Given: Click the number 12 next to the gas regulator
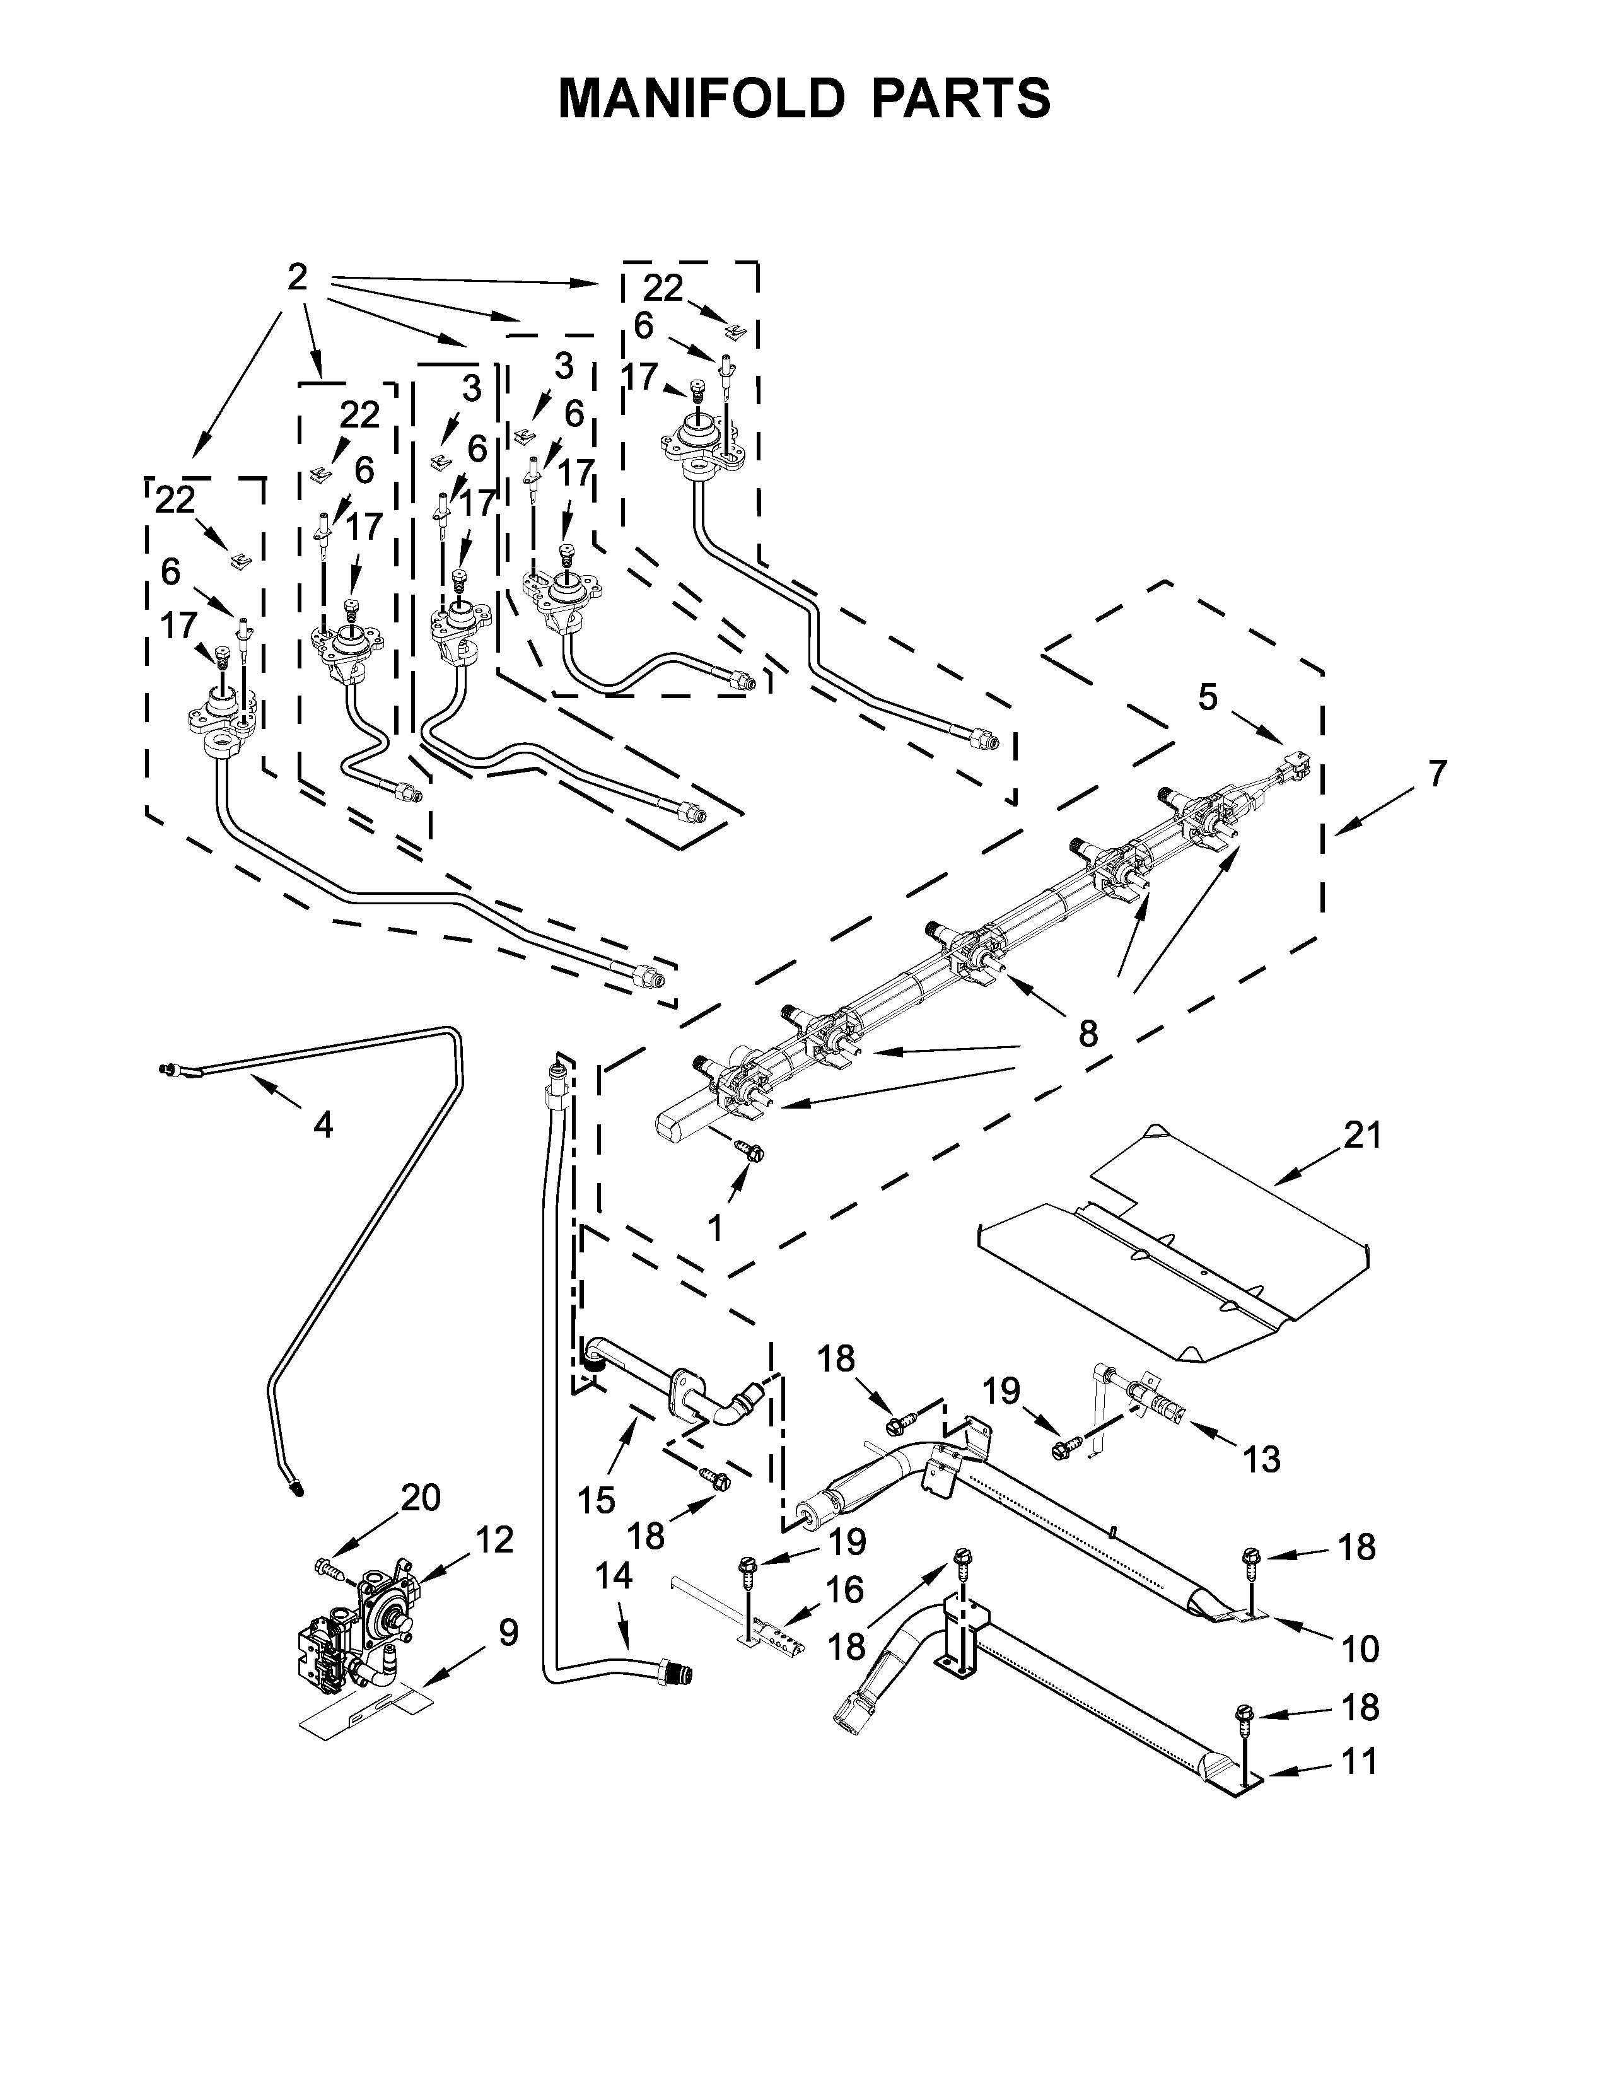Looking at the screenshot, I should tap(494, 1540).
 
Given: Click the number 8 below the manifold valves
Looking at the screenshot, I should tap(1088, 1034).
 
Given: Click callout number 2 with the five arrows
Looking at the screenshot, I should tap(297, 277).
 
